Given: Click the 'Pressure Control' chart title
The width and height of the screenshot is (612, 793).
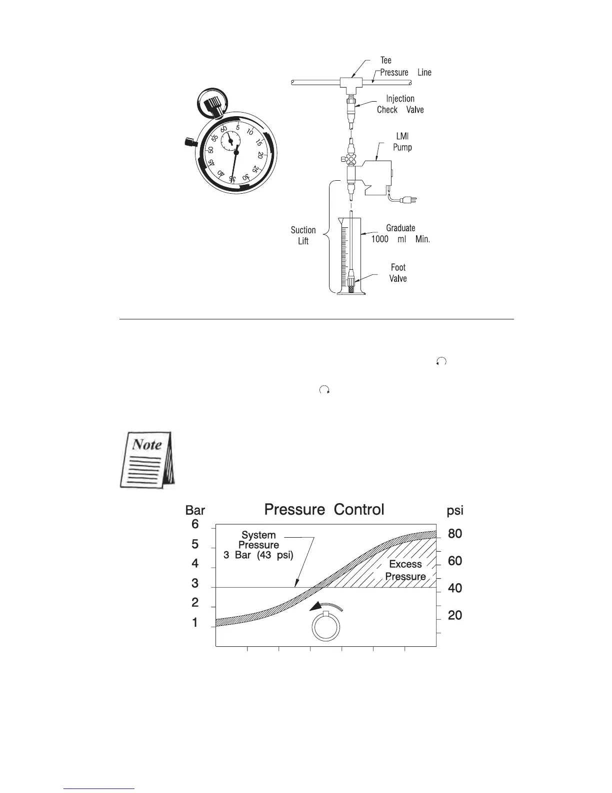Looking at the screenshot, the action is (324, 510).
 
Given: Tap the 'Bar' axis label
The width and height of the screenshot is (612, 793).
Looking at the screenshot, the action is (195, 511).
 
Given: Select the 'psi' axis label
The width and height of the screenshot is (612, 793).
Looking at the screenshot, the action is (455, 511).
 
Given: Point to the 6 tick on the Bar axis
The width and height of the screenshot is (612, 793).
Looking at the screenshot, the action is (195, 524).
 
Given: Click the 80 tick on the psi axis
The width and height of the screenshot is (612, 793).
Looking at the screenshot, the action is (455, 534).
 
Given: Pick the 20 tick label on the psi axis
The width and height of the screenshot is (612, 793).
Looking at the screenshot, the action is (455, 616).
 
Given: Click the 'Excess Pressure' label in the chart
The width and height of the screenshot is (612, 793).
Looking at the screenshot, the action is (405, 570).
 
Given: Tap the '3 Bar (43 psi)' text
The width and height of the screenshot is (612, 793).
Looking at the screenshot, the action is (258, 555).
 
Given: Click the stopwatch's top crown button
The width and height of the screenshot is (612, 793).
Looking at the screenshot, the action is (210, 105).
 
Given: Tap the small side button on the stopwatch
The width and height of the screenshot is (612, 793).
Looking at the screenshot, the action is (189, 142).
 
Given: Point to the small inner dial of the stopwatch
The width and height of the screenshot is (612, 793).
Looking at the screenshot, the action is (230, 141).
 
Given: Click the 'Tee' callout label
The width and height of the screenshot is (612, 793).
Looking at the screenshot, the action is (386, 61).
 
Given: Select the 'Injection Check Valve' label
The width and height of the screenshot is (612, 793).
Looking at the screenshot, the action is (400, 104).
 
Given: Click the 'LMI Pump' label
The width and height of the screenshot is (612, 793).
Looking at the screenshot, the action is (402, 142).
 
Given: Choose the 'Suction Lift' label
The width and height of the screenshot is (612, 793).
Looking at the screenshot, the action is (303, 235).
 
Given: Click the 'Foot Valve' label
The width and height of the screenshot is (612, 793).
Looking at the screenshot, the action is (398, 273).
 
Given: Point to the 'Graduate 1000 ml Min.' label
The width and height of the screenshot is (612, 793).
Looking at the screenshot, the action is (400, 234).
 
